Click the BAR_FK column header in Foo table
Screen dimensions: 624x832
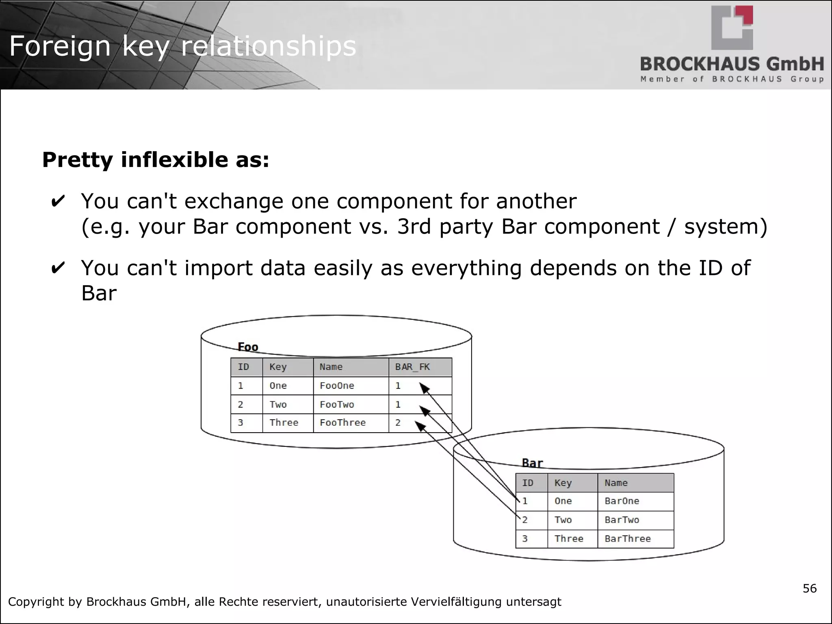pos(412,367)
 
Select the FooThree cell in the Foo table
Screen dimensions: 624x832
pos(342,423)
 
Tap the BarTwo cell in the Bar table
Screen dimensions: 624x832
pos(622,520)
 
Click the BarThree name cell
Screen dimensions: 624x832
pos(628,539)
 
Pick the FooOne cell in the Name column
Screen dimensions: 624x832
pos(337,386)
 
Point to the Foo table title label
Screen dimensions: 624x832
pos(248,347)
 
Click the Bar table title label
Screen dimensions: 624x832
pos(532,463)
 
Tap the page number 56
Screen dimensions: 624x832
pos(810,589)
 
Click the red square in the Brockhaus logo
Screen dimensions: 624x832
pos(747,15)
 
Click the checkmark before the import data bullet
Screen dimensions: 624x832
pos(57,269)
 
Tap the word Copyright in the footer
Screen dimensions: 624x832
pos(36,602)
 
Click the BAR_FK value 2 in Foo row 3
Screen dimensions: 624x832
pos(398,423)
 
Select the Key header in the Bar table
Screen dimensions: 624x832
pos(563,483)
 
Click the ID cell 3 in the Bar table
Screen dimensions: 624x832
pos(525,539)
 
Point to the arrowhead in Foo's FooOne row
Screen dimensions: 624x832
pos(425,389)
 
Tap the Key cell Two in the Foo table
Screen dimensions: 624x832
pos(278,405)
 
